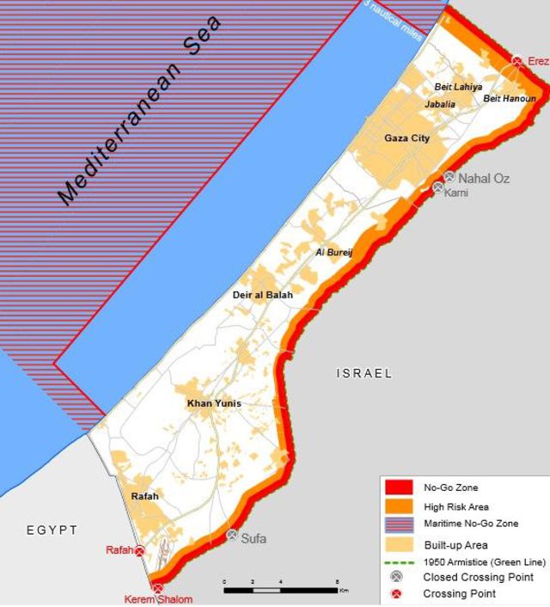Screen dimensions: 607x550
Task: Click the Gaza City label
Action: pos(407,138)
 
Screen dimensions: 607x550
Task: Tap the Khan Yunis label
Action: pos(214,403)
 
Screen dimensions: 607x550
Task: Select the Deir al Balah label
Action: pos(263,295)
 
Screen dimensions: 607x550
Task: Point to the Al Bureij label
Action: pos(334,252)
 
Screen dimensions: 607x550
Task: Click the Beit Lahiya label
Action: pos(458,87)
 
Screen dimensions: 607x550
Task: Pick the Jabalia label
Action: pos(440,104)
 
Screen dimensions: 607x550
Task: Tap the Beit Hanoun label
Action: pos(509,99)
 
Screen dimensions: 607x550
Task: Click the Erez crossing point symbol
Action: pos(517,61)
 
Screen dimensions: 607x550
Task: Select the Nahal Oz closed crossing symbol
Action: pos(449,177)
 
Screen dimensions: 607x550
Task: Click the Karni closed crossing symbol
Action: pos(438,187)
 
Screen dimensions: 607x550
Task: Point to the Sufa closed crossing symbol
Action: pos(232,535)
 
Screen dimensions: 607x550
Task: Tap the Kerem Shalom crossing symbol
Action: pos(157,588)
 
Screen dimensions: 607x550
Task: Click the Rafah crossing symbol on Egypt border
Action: pos(139,550)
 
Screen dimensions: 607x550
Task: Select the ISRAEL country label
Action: pos(364,373)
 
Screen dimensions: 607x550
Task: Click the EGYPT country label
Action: pos(51,530)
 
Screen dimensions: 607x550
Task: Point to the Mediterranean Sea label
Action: pos(137,112)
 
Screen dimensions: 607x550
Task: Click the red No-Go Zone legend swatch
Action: pos(400,488)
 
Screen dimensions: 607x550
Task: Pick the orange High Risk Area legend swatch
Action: pos(400,506)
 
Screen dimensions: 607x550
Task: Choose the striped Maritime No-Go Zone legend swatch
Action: pos(400,524)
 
